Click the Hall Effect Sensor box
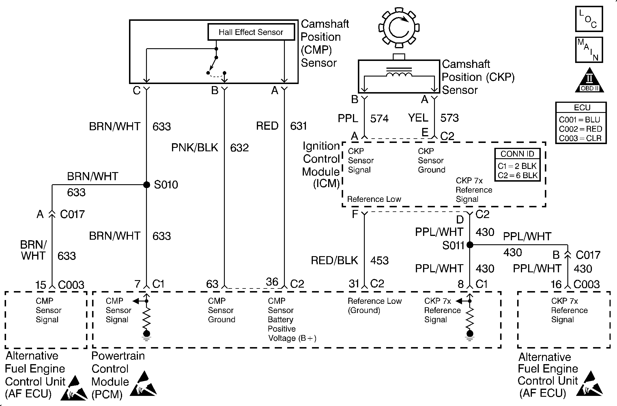pyautogui.click(x=251, y=32)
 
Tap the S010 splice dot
pyautogui.click(x=147, y=185)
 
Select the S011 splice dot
pyautogui.click(x=470, y=245)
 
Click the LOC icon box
pyautogui.click(x=589, y=19)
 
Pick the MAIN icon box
pyautogui.click(x=589, y=50)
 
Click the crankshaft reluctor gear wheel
pyautogui.click(x=399, y=27)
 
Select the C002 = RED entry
pyautogui.click(x=580, y=129)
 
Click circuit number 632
pyautogui.click(x=239, y=148)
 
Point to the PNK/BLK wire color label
pyautogui.click(x=195, y=148)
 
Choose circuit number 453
pyautogui.click(x=379, y=260)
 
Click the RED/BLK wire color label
pyautogui.click(x=334, y=260)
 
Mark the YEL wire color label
pyautogui.click(x=418, y=118)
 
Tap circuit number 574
pyautogui.click(x=379, y=118)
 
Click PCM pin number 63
pyautogui.click(x=212, y=284)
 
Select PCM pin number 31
pyautogui.click(x=354, y=284)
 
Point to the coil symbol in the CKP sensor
pyautogui.click(x=399, y=74)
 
